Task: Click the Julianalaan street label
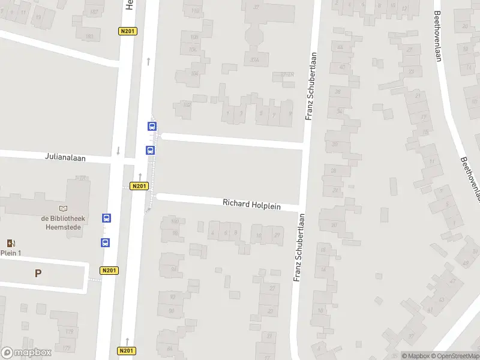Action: (x=65, y=158)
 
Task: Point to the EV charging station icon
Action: (x=10, y=243)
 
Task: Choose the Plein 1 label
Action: (x=10, y=253)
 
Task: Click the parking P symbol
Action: (x=38, y=273)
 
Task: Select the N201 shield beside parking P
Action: (x=109, y=271)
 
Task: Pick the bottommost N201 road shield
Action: (x=125, y=350)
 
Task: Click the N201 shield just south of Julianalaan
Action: (x=139, y=186)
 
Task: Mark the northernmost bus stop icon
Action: (x=152, y=127)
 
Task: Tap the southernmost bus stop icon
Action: (x=105, y=243)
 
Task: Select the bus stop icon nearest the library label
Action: (x=106, y=218)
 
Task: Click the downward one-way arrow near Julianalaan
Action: (x=118, y=151)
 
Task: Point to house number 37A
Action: (x=255, y=59)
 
